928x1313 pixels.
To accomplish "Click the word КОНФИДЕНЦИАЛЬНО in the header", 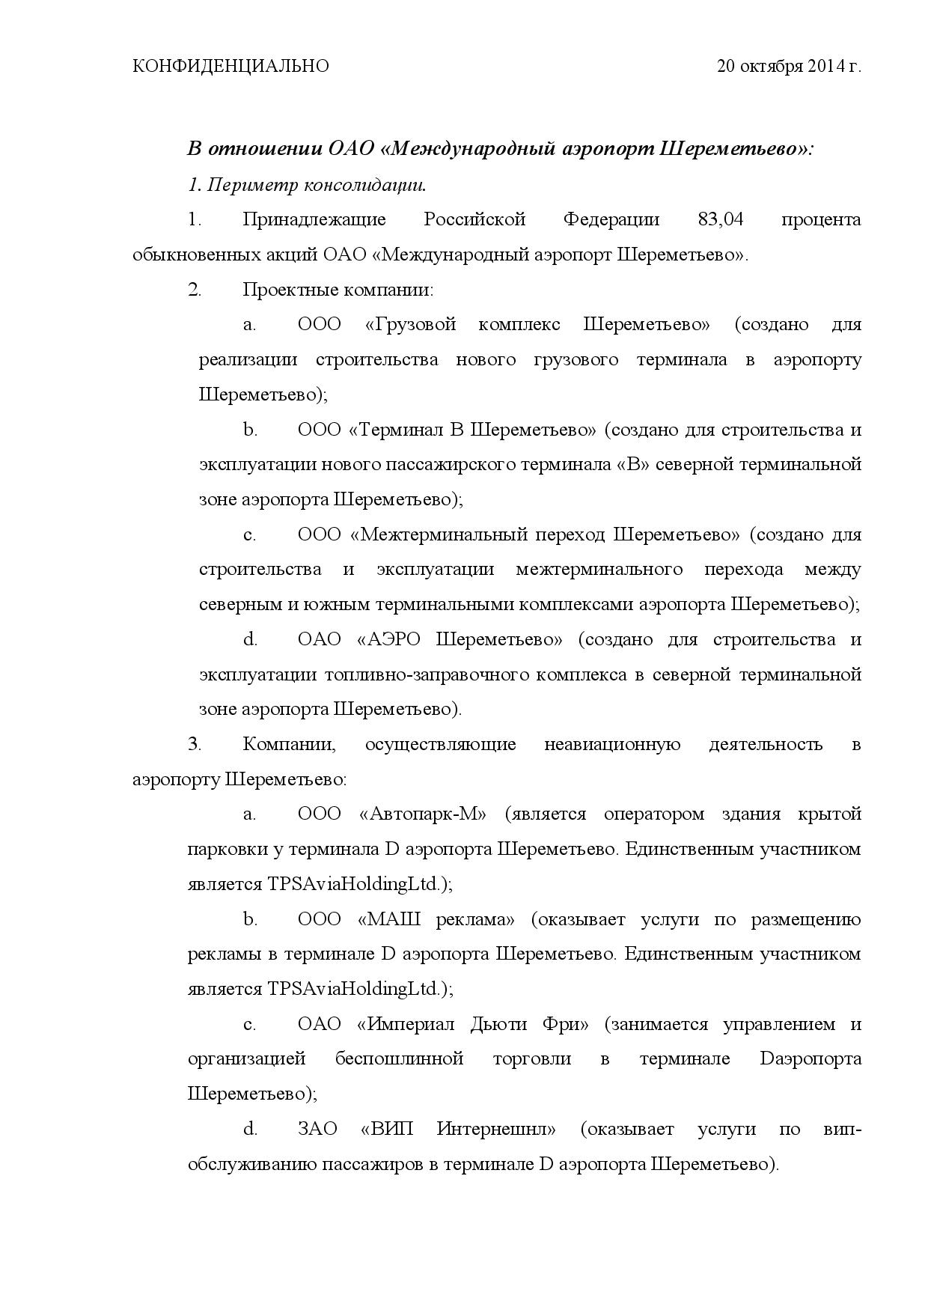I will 231,67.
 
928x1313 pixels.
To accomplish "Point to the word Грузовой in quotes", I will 412,325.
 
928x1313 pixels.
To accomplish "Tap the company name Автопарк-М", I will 424,814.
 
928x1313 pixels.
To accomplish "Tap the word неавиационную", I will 612,745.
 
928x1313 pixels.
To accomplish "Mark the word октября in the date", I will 772,67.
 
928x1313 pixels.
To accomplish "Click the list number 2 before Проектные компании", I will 195,290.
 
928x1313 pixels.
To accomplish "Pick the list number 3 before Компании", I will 195,745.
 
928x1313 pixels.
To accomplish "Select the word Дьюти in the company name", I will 498,1024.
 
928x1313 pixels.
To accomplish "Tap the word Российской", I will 474,220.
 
